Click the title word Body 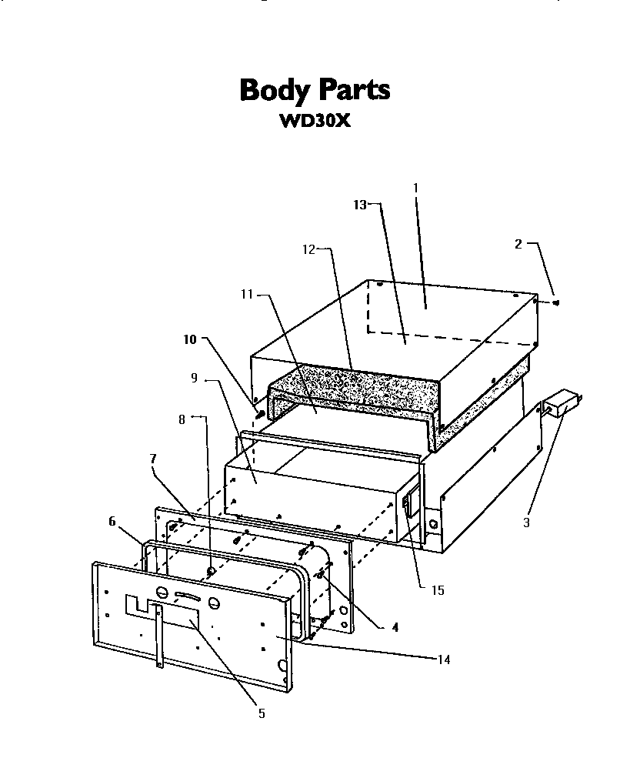coord(274,91)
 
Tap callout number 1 coord(415,187)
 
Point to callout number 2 coord(518,244)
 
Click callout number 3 coord(526,523)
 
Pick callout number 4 coord(395,627)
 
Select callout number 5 coord(261,714)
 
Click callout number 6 coord(112,521)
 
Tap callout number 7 coord(153,458)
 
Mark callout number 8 coord(182,419)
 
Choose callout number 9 coord(195,378)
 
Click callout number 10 coord(190,339)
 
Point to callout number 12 coord(308,249)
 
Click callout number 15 coord(437,590)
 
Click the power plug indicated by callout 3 coord(563,403)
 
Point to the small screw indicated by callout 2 coord(556,302)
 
